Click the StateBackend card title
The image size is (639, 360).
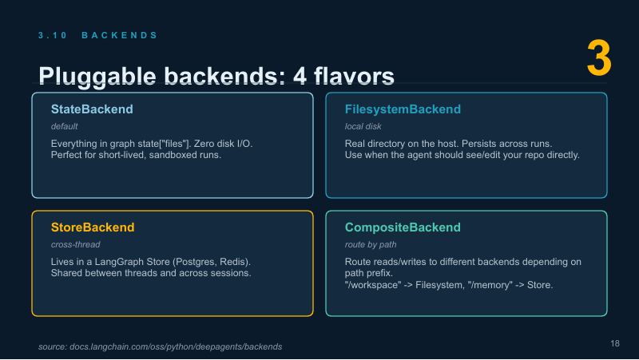pyautogui.click(x=92, y=109)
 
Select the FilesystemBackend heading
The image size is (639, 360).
pyautogui.click(x=403, y=109)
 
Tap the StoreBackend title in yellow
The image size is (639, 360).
pyautogui.click(x=93, y=227)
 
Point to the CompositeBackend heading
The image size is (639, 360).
pyautogui.click(x=403, y=227)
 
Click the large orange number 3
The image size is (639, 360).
pyautogui.click(x=599, y=57)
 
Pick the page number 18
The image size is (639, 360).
pyautogui.click(x=615, y=344)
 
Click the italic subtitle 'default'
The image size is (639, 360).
pyautogui.click(x=65, y=127)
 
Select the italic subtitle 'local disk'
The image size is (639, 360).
pyautogui.click(x=363, y=127)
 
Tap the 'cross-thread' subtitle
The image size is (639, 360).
pyautogui.click(x=75, y=245)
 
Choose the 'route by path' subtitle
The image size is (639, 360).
pyautogui.click(x=371, y=245)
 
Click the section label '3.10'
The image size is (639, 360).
pyautogui.click(x=53, y=35)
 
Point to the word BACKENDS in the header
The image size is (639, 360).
pyautogui.click(x=119, y=35)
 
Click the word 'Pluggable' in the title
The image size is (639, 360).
pyautogui.click(x=97, y=76)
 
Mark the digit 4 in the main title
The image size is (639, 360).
pyautogui.click(x=300, y=76)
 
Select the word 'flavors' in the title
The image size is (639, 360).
pyautogui.click(x=354, y=76)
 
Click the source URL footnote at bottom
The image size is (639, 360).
pyautogui.click(x=161, y=347)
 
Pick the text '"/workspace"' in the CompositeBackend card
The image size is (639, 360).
pyautogui.click(x=373, y=285)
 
